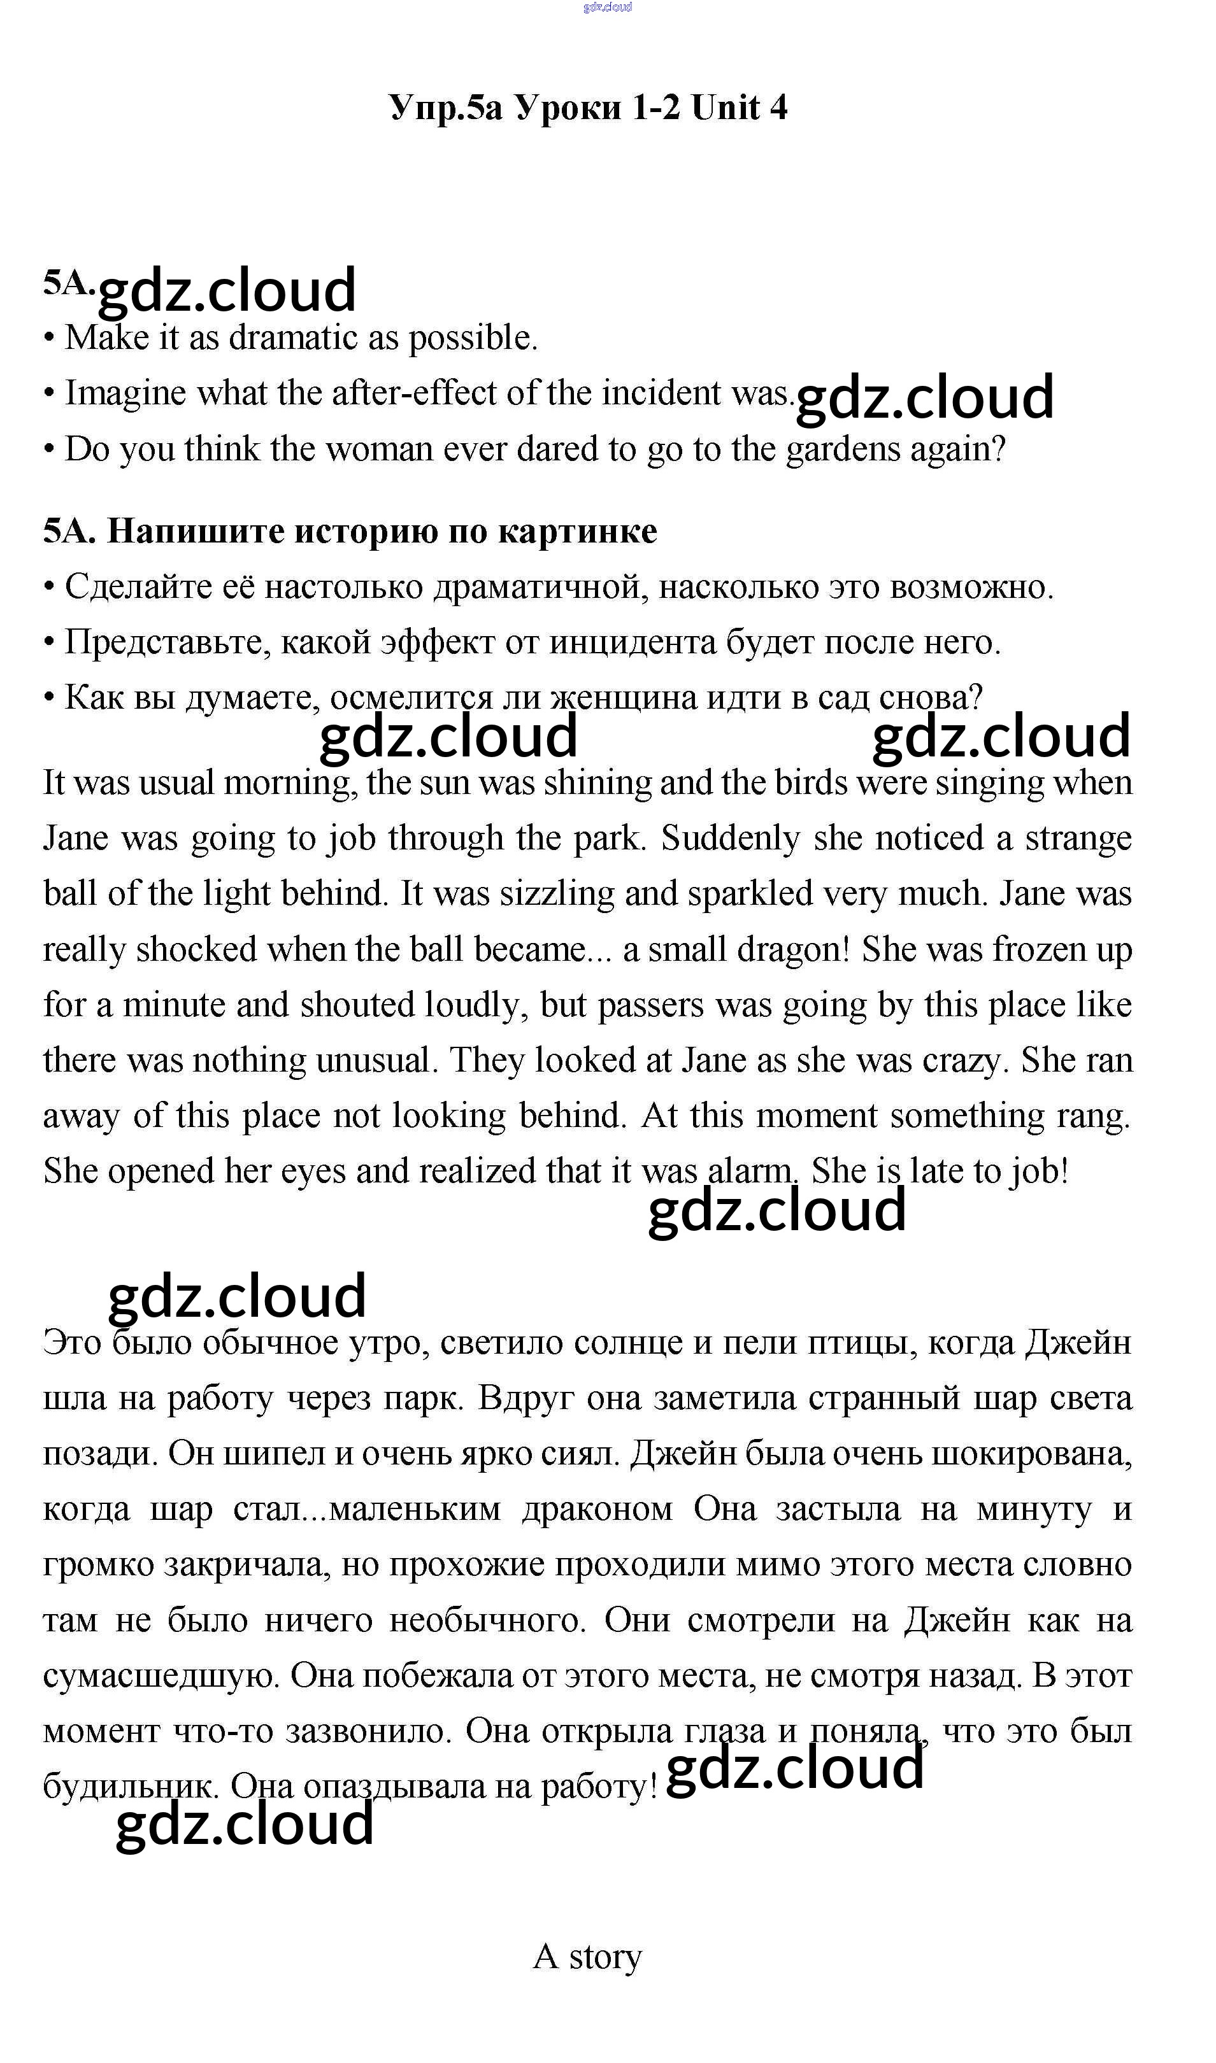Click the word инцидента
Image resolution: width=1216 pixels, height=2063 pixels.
pos(633,643)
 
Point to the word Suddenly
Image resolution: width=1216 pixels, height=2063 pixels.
pos(730,839)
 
